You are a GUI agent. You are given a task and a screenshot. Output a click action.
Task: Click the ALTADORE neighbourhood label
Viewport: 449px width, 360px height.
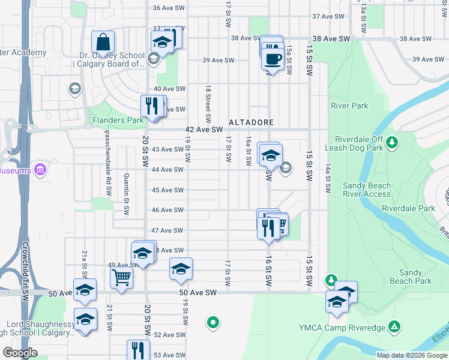point(251,122)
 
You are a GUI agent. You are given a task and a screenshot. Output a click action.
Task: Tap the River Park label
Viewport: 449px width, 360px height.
point(349,106)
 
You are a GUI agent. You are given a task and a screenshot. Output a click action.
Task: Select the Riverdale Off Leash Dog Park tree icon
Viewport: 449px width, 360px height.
point(392,142)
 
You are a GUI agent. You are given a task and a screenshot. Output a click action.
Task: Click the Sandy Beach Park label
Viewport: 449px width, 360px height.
point(411,277)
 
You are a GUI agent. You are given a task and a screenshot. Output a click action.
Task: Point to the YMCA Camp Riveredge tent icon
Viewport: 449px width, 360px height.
point(394,327)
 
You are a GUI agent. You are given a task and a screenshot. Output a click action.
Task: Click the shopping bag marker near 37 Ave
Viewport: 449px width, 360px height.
point(103,43)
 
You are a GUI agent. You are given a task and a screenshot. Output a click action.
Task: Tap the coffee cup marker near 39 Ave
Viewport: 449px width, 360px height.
point(273,59)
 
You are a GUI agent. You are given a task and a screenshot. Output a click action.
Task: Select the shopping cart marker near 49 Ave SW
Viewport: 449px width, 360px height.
point(121,278)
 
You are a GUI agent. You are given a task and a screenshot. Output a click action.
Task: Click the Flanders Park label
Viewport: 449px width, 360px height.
point(118,120)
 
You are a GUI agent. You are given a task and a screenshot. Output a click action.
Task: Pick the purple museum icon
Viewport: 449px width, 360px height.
point(41,171)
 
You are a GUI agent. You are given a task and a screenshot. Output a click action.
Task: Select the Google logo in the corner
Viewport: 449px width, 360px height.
point(20,353)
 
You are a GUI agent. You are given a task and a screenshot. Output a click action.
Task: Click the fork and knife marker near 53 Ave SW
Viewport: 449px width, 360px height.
point(138,350)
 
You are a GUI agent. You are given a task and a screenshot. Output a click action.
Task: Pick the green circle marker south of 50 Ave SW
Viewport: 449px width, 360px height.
point(212,323)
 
